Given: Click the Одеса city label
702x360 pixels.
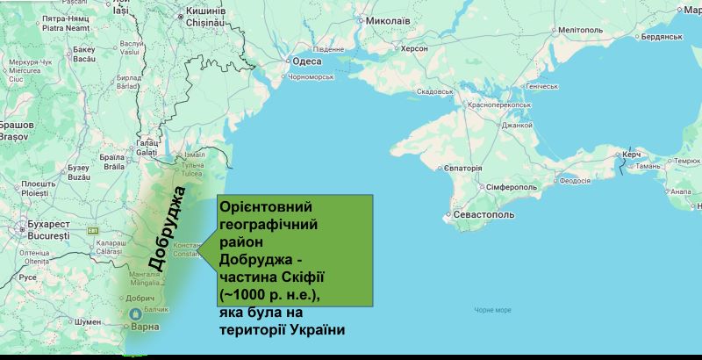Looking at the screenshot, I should pyautogui.click(x=307, y=61).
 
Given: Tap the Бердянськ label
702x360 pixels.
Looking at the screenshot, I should pyautogui.click(x=662, y=37).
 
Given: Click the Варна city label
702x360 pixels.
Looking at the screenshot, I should pyautogui.click(x=146, y=327).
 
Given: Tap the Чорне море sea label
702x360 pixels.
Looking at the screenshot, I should pyautogui.click(x=492, y=310).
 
